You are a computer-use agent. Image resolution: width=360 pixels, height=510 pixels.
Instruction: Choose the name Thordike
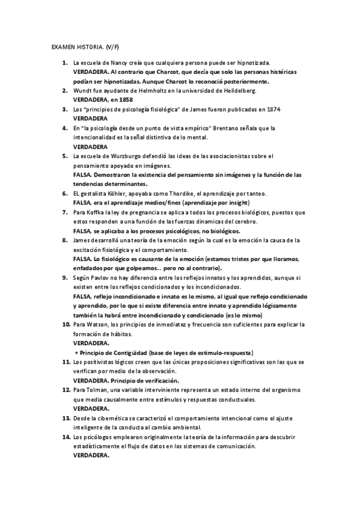point(174,193)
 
